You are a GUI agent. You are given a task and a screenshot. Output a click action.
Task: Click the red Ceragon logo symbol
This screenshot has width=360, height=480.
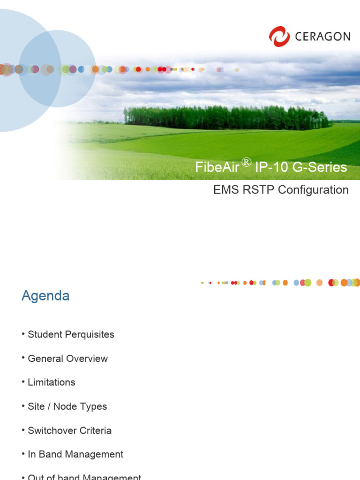279,37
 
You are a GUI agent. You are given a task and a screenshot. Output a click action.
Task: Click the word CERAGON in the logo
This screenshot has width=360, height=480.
322,37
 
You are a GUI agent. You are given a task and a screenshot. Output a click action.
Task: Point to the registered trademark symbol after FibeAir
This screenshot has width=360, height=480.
247,163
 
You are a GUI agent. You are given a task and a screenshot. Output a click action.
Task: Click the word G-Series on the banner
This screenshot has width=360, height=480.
324,167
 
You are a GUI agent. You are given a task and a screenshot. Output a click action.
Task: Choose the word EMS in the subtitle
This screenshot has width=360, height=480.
224,190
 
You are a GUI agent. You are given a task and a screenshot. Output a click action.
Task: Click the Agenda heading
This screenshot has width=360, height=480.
45,296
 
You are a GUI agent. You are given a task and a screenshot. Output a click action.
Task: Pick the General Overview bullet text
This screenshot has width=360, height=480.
67,359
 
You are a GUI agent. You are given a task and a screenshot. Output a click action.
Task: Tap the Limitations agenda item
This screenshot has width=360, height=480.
52,382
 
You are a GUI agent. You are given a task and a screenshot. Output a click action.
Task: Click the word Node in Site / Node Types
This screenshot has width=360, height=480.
63,406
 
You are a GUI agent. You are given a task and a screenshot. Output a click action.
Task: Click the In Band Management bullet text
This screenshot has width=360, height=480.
75,454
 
